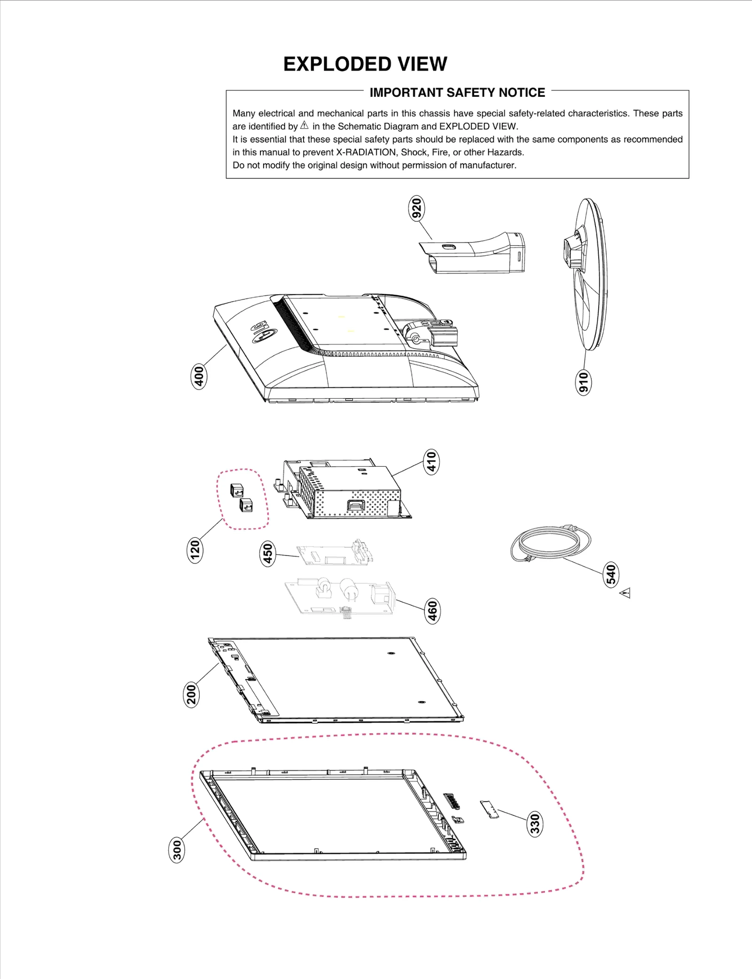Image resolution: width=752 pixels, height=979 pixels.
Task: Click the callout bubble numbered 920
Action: (x=416, y=209)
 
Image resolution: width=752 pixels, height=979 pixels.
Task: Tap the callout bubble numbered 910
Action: (x=583, y=382)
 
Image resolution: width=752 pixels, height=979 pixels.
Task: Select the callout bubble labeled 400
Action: (x=199, y=376)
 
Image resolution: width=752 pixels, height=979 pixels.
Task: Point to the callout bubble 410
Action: (x=431, y=462)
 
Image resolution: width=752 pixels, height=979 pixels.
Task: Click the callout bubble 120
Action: (x=195, y=550)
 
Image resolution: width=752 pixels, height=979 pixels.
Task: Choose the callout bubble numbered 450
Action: (x=267, y=553)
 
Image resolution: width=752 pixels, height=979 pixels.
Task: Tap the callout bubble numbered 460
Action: (x=432, y=611)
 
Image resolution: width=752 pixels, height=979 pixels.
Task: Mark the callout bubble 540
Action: (x=611, y=574)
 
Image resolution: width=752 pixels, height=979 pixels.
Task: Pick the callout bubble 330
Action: (x=535, y=824)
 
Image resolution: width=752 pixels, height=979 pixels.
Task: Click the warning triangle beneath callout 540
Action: (x=625, y=594)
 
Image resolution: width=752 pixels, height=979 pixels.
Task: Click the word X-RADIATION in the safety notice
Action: (x=366, y=152)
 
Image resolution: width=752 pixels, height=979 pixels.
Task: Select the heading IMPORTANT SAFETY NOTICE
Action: (x=457, y=93)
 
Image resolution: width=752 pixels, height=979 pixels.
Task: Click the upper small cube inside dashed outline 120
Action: (x=237, y=491)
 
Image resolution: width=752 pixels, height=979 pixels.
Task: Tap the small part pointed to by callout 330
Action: (x=489, y=810)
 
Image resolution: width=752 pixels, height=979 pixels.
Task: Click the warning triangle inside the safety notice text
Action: (x=305, y=125)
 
